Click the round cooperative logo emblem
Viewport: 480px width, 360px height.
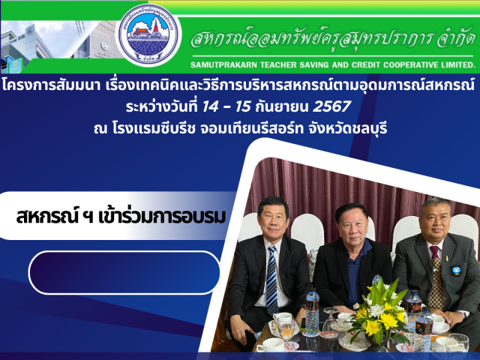(x=148, y=34)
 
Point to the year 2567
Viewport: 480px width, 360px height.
(x=331, y=106)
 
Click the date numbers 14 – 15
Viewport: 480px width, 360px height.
(x=226, y=106)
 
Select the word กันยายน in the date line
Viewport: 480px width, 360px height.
(x=282, y=107)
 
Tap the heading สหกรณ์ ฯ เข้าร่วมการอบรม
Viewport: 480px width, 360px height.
(x=121, y=217)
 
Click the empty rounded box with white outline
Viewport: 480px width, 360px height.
(x=124, y=272)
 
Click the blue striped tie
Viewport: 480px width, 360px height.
(x=271, y=280)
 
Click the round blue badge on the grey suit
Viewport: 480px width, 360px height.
(x=456, y=271)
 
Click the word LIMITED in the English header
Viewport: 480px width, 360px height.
(x=459, y=65)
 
